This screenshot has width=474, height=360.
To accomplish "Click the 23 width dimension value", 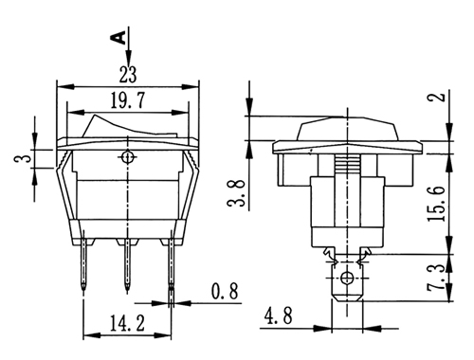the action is click(128, 75).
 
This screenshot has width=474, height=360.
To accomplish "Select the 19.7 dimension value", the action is click(128, 100).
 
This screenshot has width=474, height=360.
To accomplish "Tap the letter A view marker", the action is click(118, 37).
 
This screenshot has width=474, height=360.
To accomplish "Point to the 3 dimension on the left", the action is click(27, 155).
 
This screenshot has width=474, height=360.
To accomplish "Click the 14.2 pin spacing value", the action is click(127, 323).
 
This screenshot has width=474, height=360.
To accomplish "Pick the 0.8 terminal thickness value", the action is click(225, 292).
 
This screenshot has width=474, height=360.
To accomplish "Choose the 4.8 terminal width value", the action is click(279, 315).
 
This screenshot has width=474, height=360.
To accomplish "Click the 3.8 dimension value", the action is click(237, 193).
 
